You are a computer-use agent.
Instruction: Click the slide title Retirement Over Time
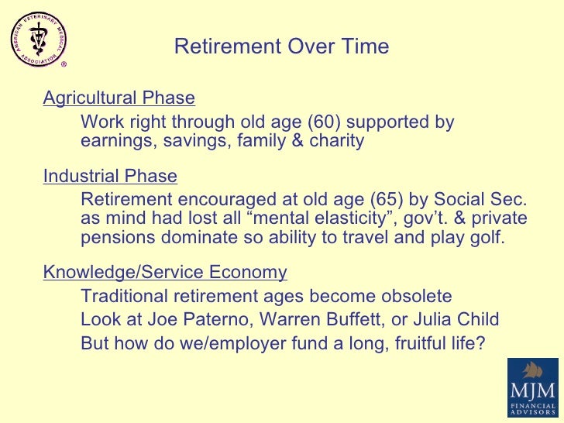click(281, 47)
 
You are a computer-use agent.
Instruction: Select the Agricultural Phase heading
click(119, 98)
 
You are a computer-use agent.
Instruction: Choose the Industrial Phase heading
click(110, 177)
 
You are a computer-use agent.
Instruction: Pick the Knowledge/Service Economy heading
click(165, 273)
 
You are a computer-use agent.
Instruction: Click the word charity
click(335, 142)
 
